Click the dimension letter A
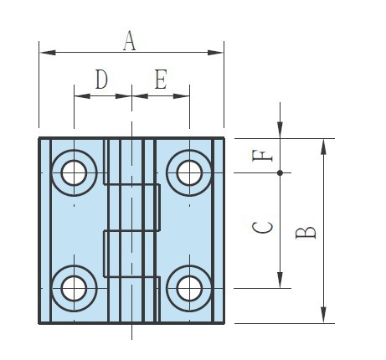tap(129, 41)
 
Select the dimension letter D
tap(101, 79)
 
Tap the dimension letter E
tap(161, 79)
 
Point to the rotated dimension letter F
tap(262, 156)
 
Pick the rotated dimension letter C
tap(262, 228)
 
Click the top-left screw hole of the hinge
tap(74, 172)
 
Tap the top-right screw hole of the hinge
tap(189, 172)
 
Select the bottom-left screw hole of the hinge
tap(74, 288)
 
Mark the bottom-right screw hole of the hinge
tap(189, 288)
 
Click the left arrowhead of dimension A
tap(48, 53)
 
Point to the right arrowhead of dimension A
tap(215, 53)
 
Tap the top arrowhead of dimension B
tap(323, 147)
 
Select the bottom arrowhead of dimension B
tap(323, 315)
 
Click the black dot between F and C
tap(280, 172)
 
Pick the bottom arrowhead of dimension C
tap(280, 280)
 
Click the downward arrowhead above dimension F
tap(280, 130)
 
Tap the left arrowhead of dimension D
tap(82, 96)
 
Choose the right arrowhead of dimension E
tap(181, 96)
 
